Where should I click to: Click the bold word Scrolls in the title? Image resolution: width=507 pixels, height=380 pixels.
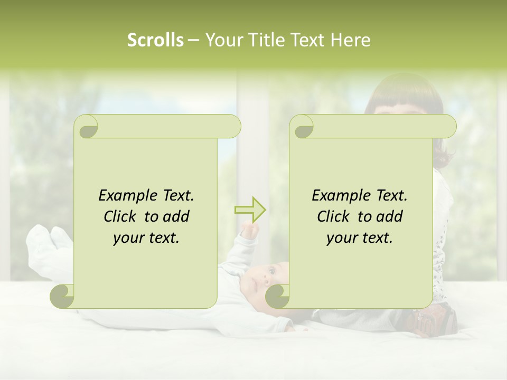tap(155, 40)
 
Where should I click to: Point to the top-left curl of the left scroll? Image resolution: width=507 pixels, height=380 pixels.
tap(86, 127)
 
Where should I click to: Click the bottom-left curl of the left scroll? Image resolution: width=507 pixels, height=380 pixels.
tap(62, 296)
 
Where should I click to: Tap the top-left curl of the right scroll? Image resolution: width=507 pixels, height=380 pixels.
tap(302, 127)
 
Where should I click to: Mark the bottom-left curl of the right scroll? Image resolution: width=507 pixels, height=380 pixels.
tap(277, 296)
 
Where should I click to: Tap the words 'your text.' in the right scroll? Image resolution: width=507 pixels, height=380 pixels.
tap(360, 237)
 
